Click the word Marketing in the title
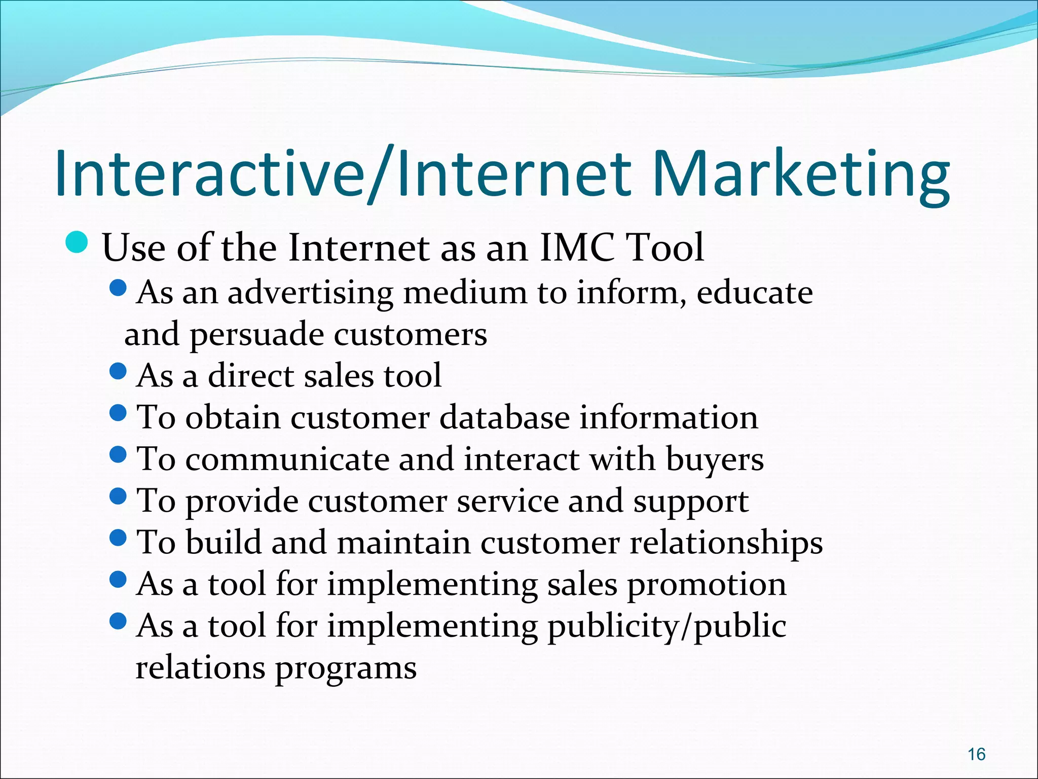pyautogui.click(x=801, y=175)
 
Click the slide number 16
pyautogui.click(x=976, y=754)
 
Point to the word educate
pyautogui.click(x=755, y=293)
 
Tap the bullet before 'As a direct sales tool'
pyautogui.click(x=118, y=372)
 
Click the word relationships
pyautogui.click(x=726, y=543)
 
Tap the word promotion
pyautogui.click(x=707, y=585)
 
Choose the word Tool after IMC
pyautogui.click(x=665, y=247)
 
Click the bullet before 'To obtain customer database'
pyautogui.click(x=118, y=413)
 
